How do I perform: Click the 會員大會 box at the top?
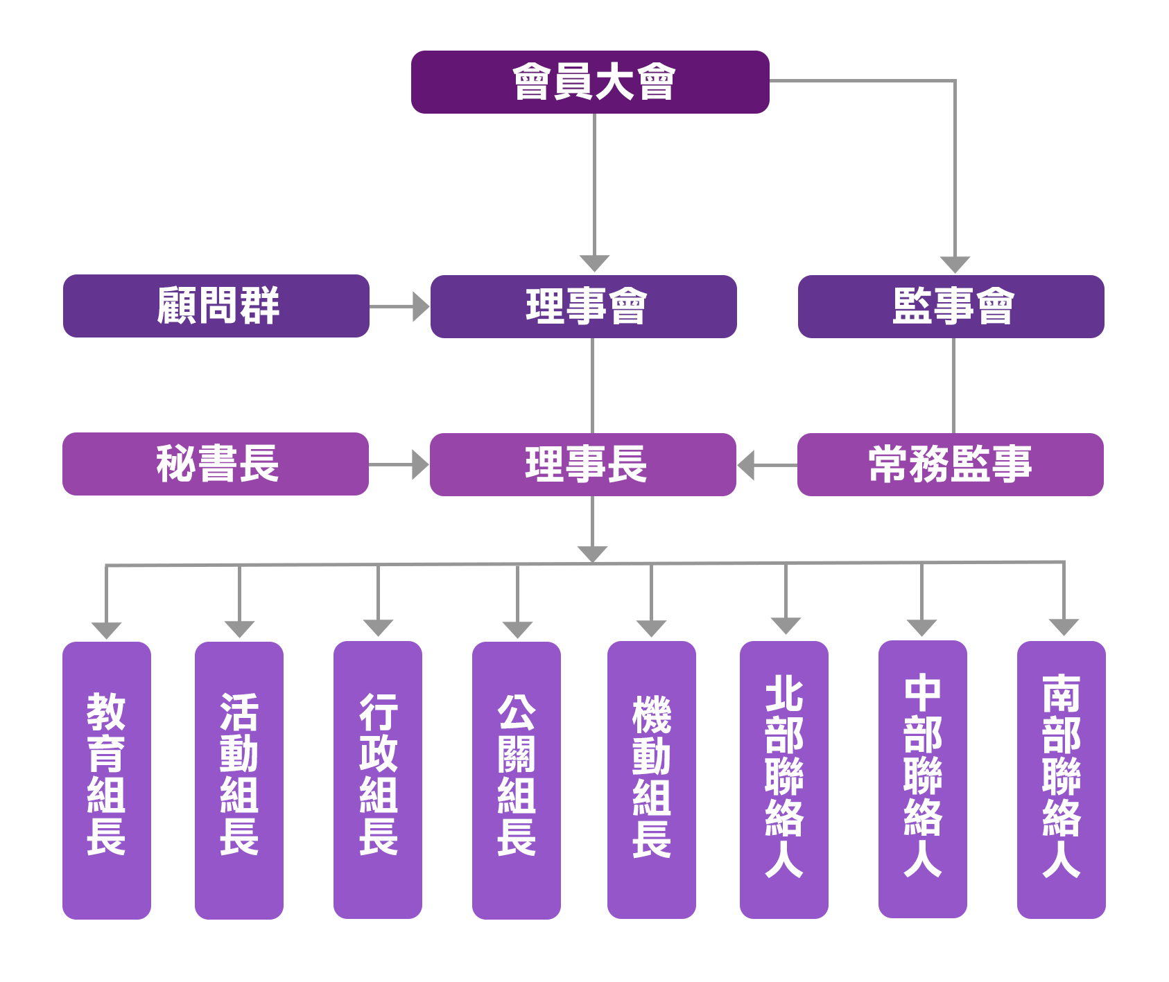(590, 82)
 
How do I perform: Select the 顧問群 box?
(216, 306)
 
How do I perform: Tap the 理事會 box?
(584, 306)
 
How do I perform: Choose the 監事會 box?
(951, 306)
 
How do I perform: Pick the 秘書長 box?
(216, 464)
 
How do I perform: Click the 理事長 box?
(583, 464)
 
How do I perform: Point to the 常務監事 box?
(951, 464)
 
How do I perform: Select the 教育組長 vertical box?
(107, 780)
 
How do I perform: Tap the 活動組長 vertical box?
(239, 780)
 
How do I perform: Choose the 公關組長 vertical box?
(517, 780)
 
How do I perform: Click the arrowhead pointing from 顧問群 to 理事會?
(420, 306)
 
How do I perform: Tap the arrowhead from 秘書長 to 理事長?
(419, 464)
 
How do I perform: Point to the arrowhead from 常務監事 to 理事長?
(746, 465)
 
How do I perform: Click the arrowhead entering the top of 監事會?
(955, 264)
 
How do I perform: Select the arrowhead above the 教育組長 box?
(106, 630)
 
